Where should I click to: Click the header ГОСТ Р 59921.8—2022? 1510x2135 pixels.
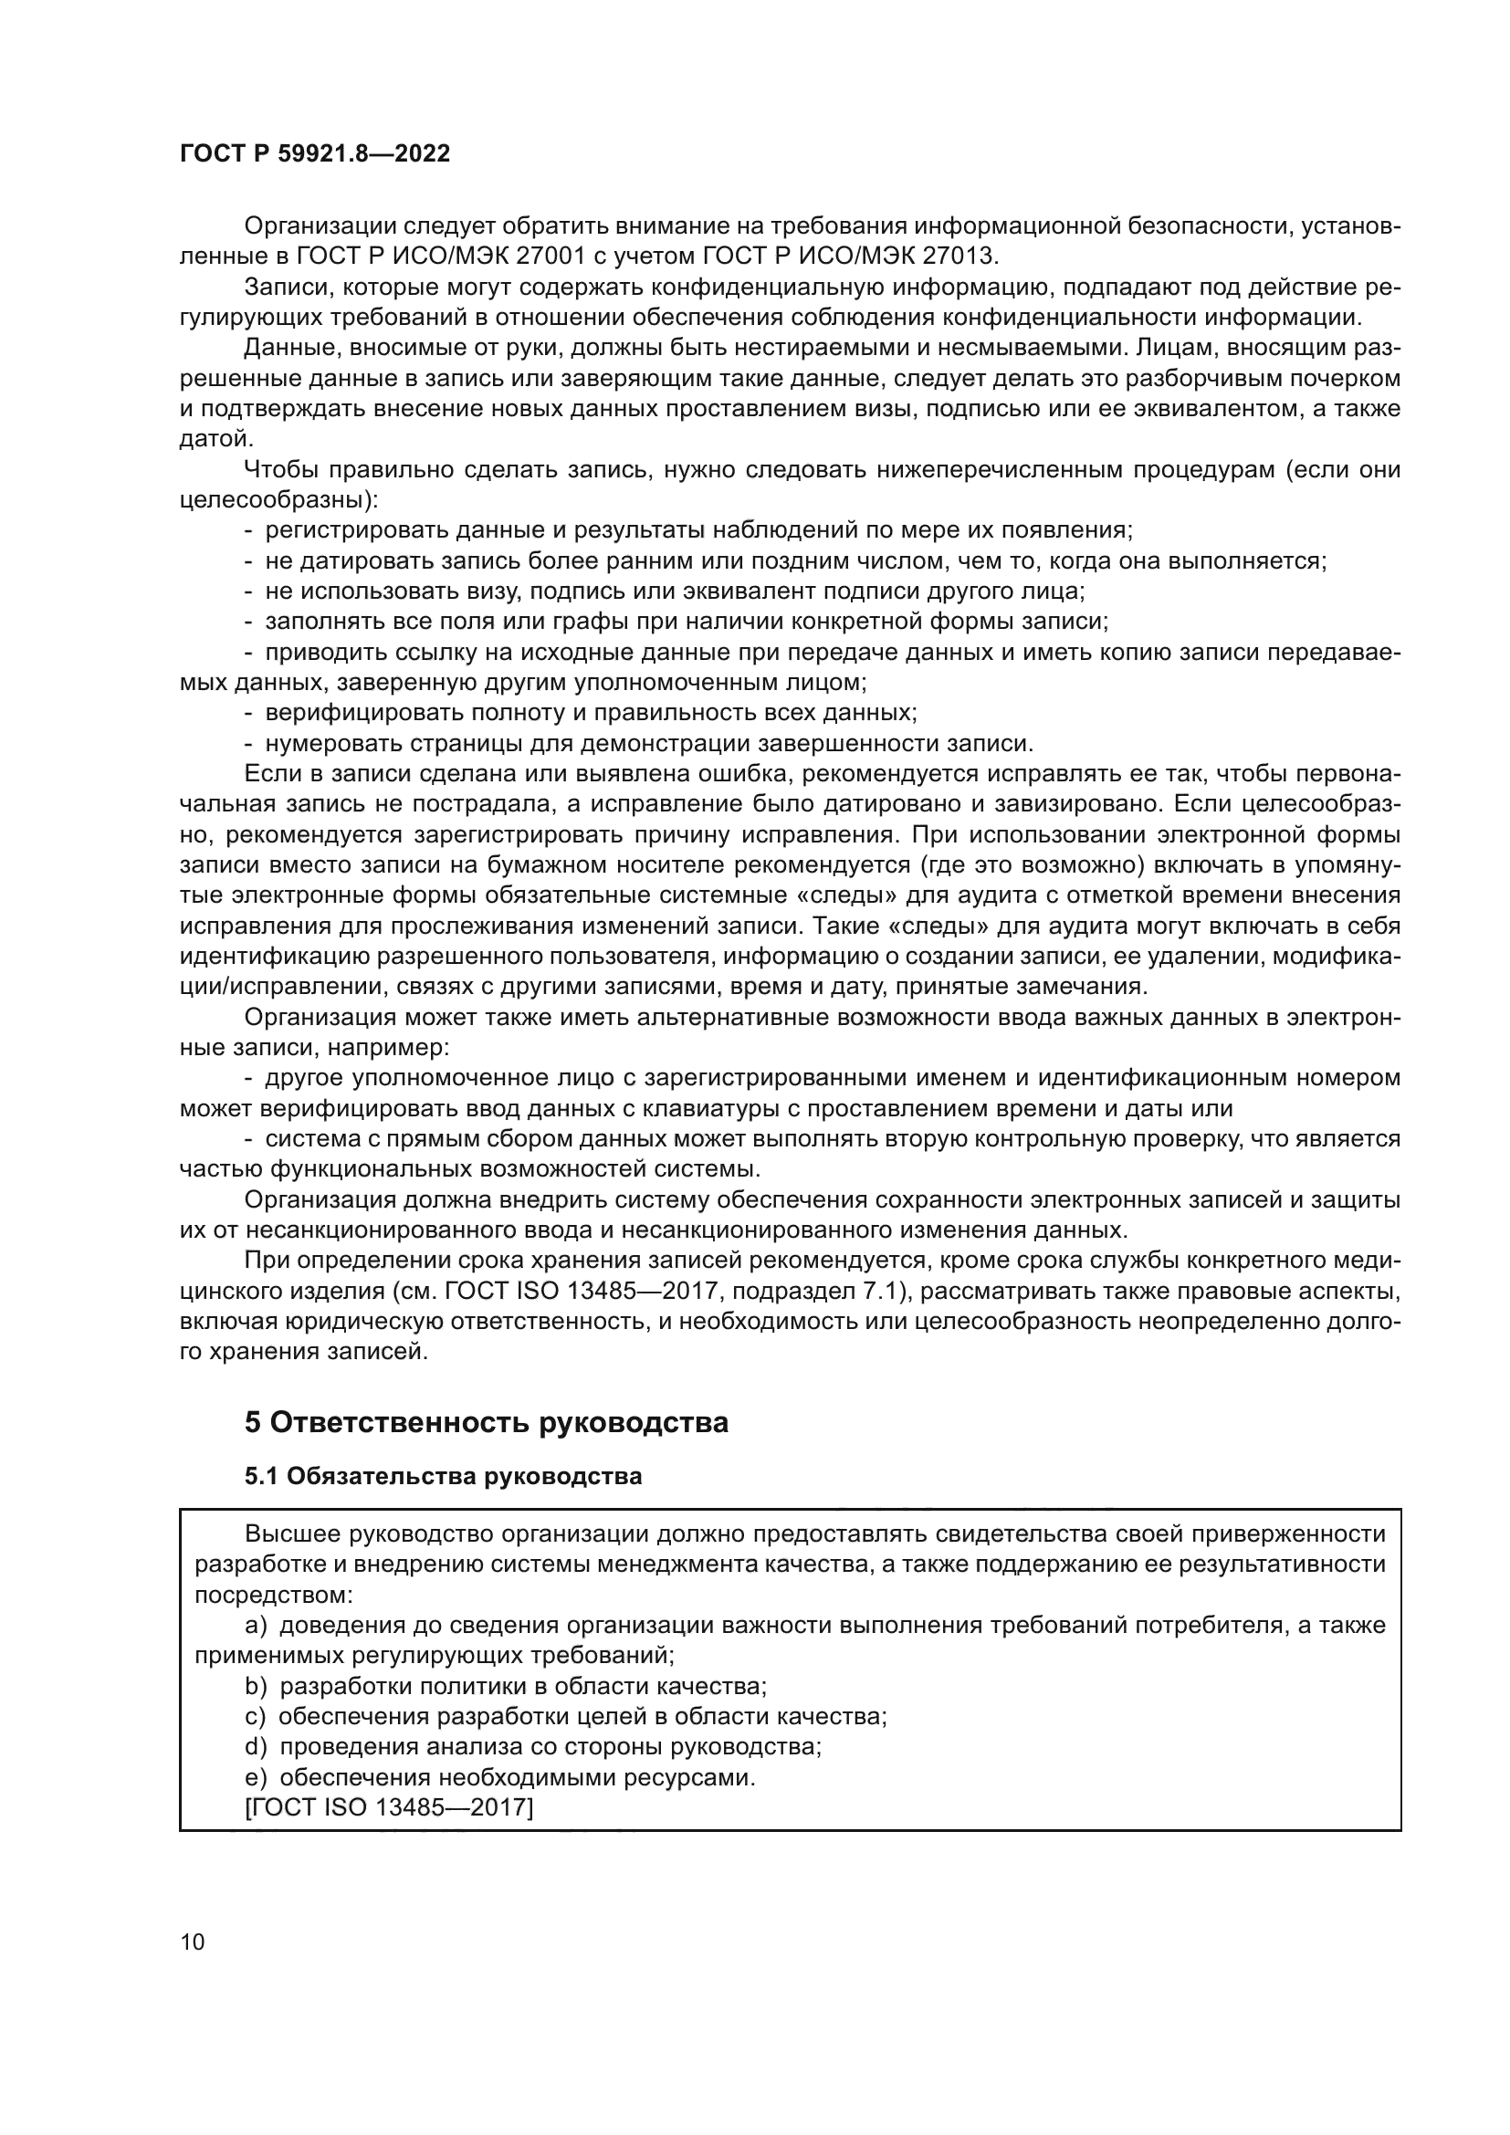coord(314,153)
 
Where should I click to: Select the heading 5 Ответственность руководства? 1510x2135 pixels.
coord(487,1423)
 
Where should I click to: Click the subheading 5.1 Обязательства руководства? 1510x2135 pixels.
coord(443,1477)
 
